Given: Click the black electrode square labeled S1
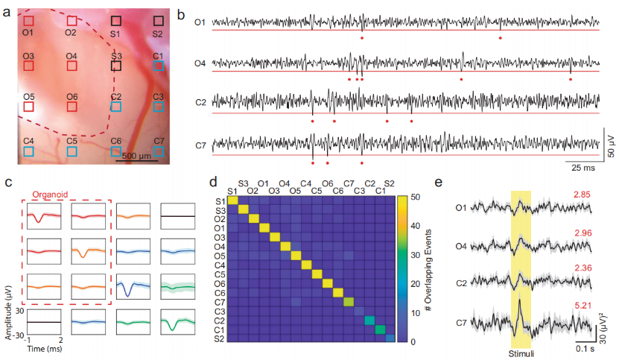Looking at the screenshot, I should point(115,22).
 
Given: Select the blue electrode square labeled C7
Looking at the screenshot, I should point(159,151).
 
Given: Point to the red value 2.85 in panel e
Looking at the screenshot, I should point(583,195).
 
